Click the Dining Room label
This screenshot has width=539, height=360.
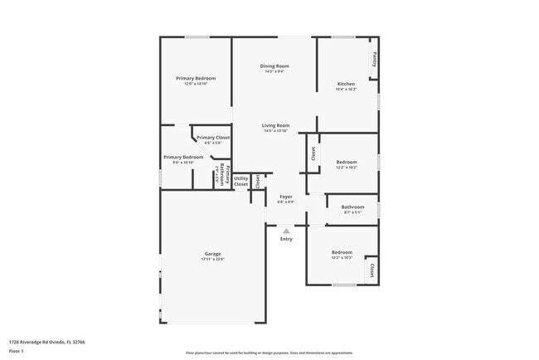(274, 66)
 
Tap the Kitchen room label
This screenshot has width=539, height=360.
(346, 83)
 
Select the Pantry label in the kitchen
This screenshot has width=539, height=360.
(374, 59)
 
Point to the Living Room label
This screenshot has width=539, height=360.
(275, 125)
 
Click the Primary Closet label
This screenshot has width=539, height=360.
(213, 137)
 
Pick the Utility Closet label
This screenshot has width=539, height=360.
(240, 181)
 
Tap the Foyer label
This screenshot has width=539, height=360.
(285, 196)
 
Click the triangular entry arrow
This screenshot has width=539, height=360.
(286, 231)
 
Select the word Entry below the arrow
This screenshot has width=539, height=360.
(286, 239)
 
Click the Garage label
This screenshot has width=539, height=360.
(212, 253)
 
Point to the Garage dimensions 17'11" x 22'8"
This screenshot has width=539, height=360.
(212, 260)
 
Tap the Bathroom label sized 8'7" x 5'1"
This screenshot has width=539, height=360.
(353, 207)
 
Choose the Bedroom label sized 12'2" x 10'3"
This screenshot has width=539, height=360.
(342, 252)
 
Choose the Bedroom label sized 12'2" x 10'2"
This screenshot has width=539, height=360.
(347, 162)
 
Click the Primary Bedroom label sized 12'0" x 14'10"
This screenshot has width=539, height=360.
(196, 78)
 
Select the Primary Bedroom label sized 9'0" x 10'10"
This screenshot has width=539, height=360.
(183, 157)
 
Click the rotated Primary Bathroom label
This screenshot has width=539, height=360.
(221, 174)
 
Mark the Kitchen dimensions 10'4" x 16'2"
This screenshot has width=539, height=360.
(346, 89)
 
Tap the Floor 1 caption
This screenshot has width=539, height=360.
(16, 351)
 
